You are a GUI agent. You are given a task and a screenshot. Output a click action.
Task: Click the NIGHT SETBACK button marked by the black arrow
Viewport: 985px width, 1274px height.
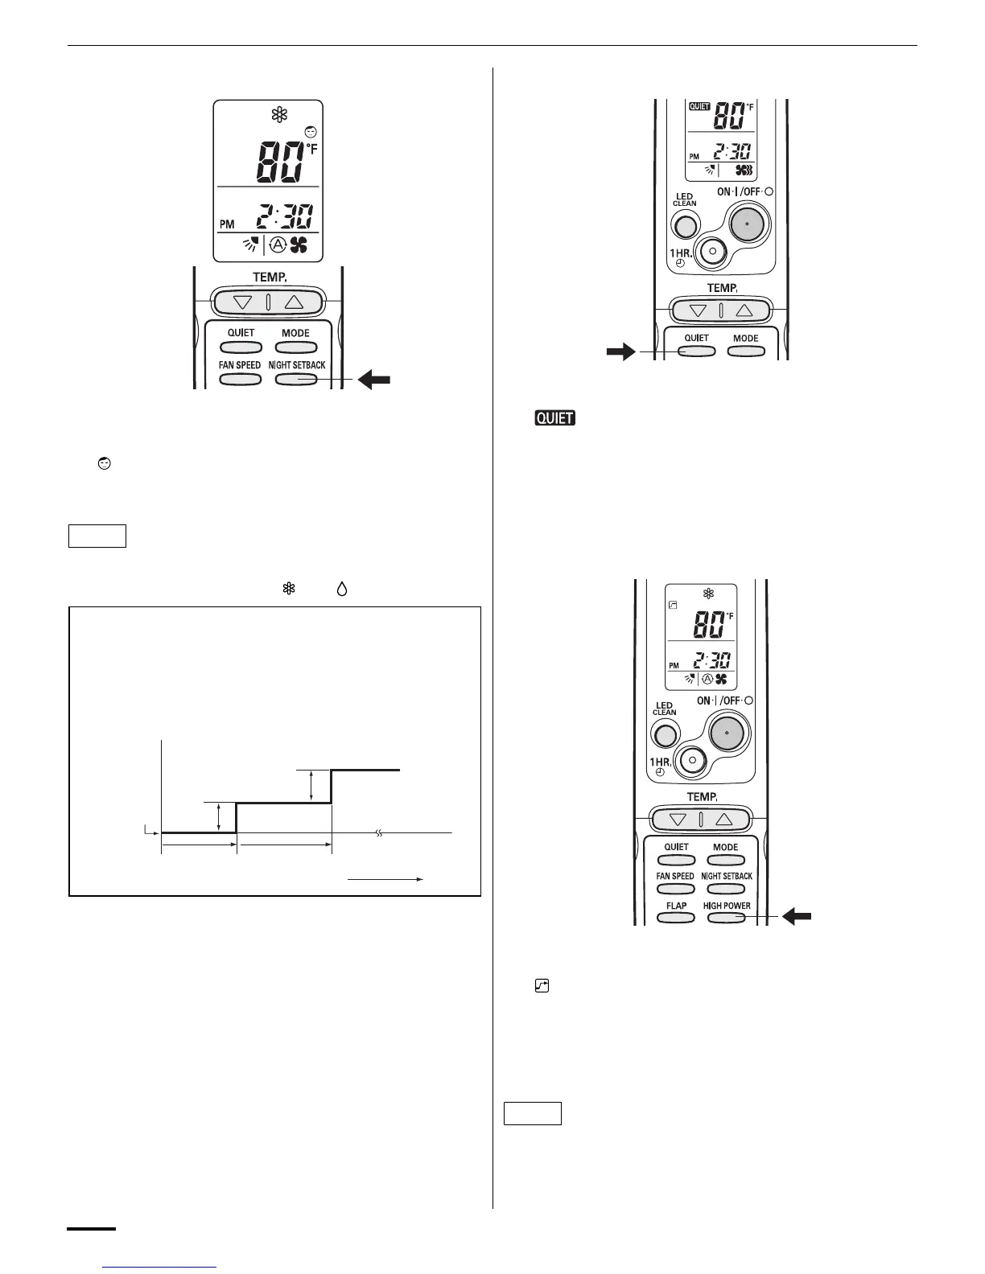(296, 379)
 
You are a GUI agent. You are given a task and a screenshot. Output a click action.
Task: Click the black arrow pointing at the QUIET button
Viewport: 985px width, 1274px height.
(620, 351)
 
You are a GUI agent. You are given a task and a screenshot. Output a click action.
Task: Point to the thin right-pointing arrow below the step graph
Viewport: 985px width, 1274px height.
(385, 880)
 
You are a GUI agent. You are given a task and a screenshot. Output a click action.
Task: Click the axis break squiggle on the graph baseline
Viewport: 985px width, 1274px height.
(379, 832)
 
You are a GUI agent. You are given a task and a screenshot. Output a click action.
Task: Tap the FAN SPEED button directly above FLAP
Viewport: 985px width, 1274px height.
(675, 889)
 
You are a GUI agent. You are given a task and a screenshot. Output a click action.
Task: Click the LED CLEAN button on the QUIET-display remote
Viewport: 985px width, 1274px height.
(684, 227)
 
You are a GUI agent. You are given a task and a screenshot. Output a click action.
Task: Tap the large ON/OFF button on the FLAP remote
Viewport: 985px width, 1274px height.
(727, 733)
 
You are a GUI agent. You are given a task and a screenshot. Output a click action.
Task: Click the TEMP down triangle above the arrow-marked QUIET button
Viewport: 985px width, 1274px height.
(698, 310)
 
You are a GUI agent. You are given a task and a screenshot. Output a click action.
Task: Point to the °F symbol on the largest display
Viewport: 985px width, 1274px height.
(311, 148)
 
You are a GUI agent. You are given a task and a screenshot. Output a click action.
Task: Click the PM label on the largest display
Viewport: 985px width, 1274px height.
(228, 224)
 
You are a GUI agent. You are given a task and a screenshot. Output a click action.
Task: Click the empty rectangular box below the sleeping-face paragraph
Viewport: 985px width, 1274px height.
(97, 536)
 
